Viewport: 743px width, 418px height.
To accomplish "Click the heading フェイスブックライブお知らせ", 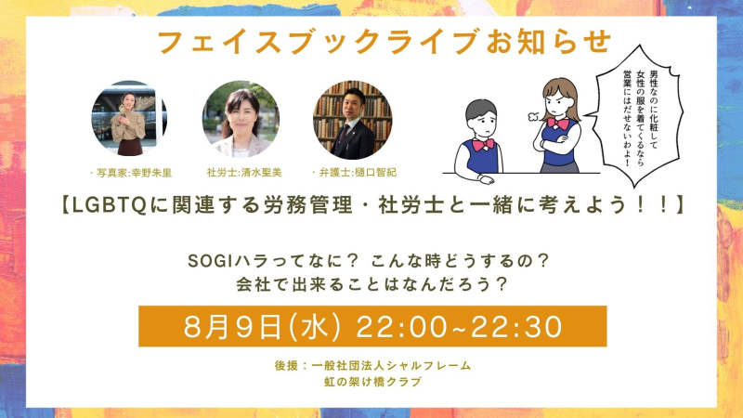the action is point(385,42).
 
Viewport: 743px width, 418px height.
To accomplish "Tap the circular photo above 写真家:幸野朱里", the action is point(129,119).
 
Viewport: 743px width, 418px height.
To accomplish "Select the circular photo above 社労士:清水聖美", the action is point(241,119).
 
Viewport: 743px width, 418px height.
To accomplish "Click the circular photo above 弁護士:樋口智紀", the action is point(353,120).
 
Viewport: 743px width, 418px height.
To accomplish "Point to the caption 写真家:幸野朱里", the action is point(134,173).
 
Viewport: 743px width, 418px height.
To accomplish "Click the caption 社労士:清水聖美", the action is point(244,173).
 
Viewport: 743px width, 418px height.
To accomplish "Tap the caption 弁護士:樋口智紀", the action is point(358,173).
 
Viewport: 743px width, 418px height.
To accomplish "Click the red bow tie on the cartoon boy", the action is point(483,144).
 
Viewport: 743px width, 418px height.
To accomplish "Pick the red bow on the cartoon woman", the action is point(558,124).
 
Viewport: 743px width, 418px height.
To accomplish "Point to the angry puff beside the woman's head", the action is point(533,115).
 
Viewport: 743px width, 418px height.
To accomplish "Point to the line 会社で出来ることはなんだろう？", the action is point(372,284).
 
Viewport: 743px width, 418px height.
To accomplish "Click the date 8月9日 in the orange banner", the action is point(233,327).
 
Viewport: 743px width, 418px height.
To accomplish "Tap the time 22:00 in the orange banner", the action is point(401,327).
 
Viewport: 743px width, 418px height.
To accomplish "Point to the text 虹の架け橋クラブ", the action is point(373,382).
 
